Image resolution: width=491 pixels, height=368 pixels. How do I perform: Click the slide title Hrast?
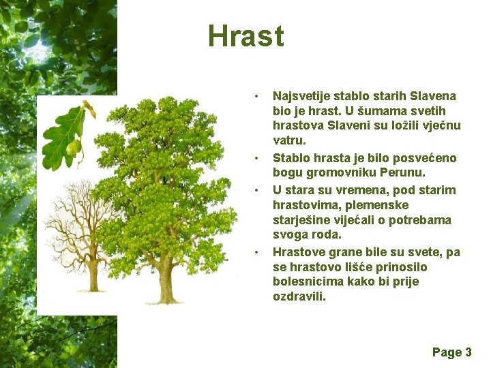245,36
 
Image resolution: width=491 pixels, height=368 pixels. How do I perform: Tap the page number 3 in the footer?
468,352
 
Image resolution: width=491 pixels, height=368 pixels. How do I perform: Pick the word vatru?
289,141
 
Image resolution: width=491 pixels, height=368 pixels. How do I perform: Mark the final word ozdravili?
299,298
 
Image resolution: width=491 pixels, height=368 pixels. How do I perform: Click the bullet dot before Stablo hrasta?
256,158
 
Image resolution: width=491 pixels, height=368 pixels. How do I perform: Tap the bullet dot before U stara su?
256,189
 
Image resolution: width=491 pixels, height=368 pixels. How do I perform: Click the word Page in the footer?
447,352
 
